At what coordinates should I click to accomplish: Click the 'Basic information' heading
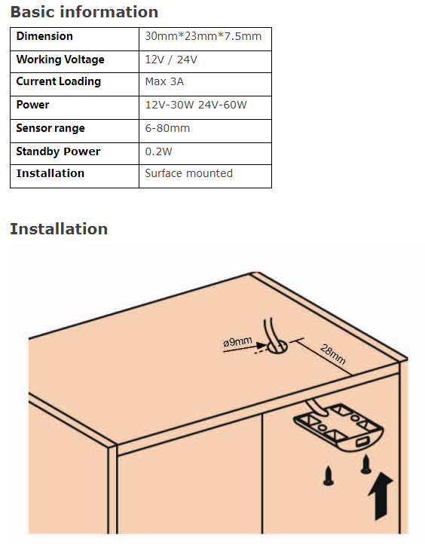point(84,12)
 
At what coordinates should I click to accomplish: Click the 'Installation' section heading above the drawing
point(59,229)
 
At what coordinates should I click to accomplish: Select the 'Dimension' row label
point(44,36)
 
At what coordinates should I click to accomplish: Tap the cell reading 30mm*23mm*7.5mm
point(203,36)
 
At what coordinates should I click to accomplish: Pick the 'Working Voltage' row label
point(60,60)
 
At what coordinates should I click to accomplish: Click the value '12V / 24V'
point(171,60)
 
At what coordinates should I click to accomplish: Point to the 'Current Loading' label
point(59,81)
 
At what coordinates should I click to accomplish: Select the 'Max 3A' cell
point(164,81)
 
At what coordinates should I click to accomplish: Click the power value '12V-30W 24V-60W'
point(196,105)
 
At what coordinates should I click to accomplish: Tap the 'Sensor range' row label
point(50,128)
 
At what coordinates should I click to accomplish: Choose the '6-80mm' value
point(167,128)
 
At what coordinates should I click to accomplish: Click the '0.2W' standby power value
point(158,151)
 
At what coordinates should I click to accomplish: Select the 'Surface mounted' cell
point(188,173)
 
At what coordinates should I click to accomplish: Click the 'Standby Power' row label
point(58,151)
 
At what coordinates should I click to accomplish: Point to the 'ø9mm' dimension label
point(237,342)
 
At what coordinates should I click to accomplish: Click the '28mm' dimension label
point(333,354)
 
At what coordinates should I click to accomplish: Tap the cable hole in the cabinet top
point(277,347)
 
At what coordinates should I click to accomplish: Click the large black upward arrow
point(381,496)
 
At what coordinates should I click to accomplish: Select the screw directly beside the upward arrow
point(366,465)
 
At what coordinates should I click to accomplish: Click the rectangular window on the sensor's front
point(362,442)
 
